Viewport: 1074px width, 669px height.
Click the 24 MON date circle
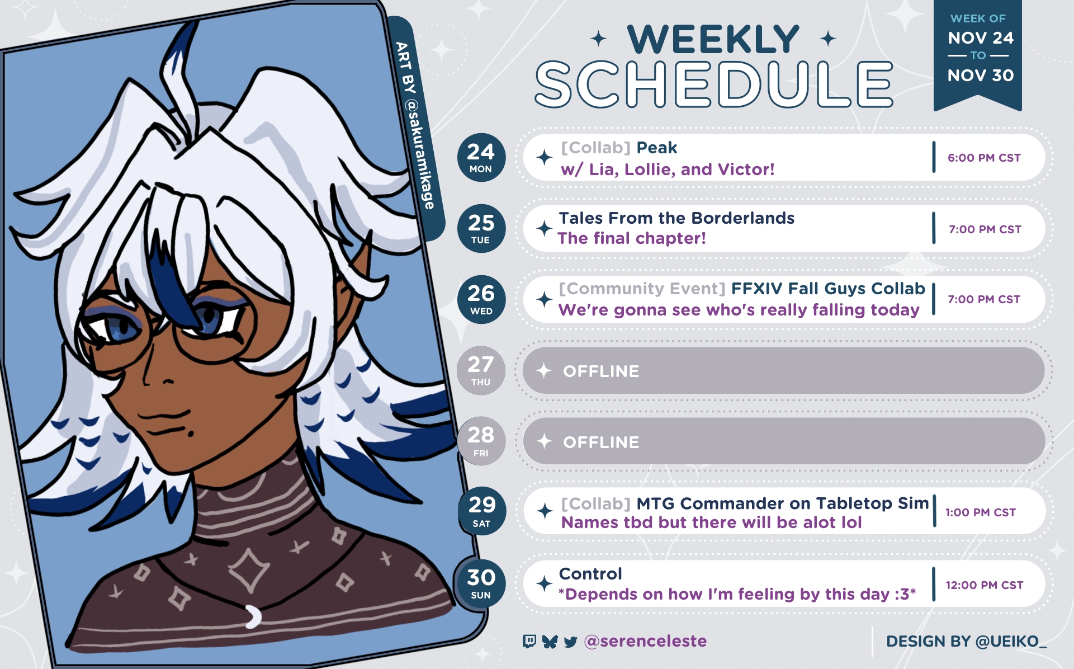tap(481, 158)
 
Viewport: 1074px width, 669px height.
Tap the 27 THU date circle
tap(481, 370)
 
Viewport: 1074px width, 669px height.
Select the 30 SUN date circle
tap(481, 583)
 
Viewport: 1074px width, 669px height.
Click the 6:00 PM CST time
tap(984, 158)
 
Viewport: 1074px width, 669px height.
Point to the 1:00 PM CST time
tap(980, 512)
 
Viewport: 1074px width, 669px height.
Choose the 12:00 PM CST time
tap(984, 585)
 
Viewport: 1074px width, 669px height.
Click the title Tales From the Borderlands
tap(676, 218)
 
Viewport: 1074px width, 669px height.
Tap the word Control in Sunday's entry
tap(590, 574)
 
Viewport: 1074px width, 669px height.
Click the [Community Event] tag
tap(642, 289)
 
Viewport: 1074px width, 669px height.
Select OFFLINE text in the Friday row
tap(601, 442)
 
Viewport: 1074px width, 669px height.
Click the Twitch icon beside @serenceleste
tap(529, 641)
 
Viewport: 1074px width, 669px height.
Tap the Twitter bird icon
tap(570, 642)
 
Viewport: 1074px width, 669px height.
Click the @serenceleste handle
tap(645, 641)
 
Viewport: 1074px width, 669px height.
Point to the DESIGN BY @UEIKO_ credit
tap(966, 642)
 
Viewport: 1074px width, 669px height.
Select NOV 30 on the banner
tap(980, 76)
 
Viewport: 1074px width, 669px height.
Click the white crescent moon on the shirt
tap(253, 616)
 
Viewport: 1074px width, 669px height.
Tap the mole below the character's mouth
tap(190, 432)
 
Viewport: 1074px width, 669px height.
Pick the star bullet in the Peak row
tap(544, 158)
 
